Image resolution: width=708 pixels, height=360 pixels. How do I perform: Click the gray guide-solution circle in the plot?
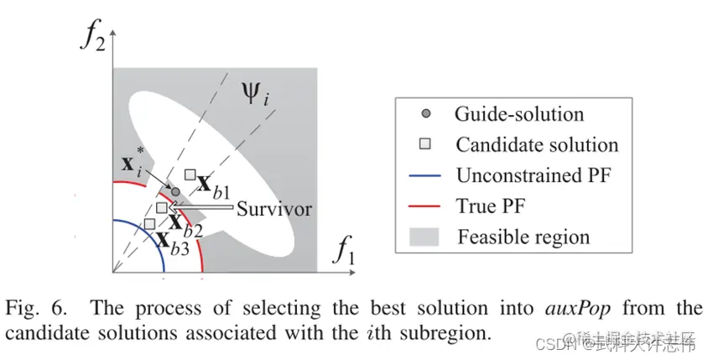(175, 192)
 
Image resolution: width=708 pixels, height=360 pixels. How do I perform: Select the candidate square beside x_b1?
(190, 175)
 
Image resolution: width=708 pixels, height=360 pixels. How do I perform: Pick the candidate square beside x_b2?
(162, 207)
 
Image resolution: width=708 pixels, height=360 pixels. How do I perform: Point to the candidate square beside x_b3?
(149, 223)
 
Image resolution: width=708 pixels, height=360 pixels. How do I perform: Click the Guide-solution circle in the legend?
(425, 113)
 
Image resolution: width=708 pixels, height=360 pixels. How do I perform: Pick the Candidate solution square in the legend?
(425, 144)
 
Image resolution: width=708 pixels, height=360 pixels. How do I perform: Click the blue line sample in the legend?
(425, 175)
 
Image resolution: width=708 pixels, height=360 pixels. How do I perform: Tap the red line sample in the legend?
(425, 206)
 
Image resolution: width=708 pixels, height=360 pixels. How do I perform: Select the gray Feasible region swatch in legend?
(425, 237)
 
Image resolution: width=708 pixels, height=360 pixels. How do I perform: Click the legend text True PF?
(495, 206)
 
